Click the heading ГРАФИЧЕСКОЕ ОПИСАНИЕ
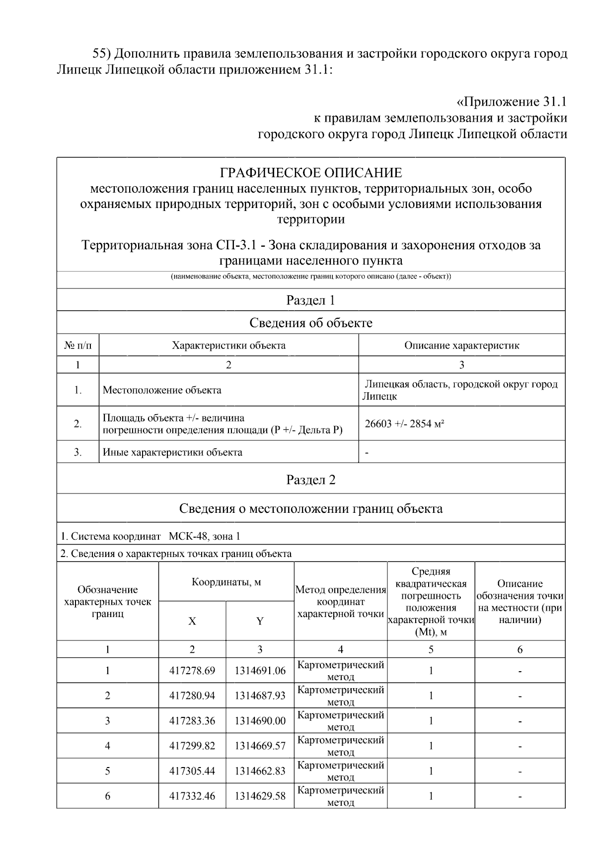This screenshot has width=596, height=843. (311, 173)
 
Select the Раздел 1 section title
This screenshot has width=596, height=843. (311, 300)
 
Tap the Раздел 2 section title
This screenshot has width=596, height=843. (311, 480)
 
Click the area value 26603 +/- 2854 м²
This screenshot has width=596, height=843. (404, 424)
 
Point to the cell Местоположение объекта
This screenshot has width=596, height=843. (162, 390)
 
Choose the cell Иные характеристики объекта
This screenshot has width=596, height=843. (172, 452)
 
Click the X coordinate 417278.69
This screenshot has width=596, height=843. (192, 671)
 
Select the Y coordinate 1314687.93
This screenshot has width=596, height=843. (260, 696)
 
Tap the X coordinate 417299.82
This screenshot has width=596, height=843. (192, 746)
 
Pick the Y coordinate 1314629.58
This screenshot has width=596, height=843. (260, 796)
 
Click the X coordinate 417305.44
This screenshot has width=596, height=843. (192, 771)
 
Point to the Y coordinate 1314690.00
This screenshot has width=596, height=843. (260, 721)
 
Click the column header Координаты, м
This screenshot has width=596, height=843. (226, 582)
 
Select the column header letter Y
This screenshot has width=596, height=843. (260, 621)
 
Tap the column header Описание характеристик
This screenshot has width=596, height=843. (461, 346)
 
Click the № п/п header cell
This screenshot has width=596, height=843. (78, 346)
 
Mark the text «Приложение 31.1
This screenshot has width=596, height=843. (511, 102)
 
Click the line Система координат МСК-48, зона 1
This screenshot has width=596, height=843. (150, 537)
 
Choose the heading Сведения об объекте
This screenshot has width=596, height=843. (311, 323)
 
